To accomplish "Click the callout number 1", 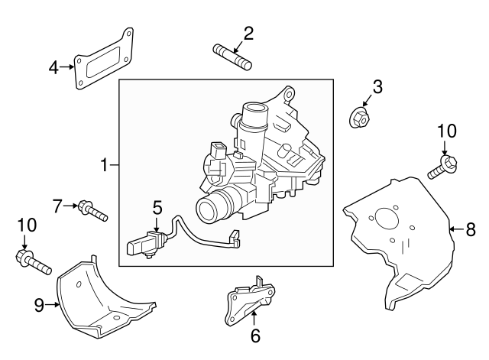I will coord(105,164).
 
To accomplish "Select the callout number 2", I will coord(248,33).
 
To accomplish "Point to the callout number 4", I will coord(53,67).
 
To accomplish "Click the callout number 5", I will coord(157,206).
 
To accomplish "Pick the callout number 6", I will coord(255,334).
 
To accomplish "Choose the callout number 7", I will coord(57,205).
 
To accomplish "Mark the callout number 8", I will coord(471,228).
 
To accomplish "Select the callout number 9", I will coord(38,305).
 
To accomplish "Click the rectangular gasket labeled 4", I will coord(104,61).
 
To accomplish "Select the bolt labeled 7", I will coord(92,210).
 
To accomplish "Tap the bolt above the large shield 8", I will coord(442,167).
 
